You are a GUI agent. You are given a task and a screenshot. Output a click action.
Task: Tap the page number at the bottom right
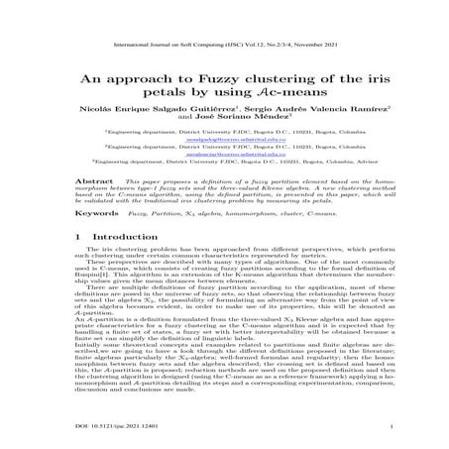393,426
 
